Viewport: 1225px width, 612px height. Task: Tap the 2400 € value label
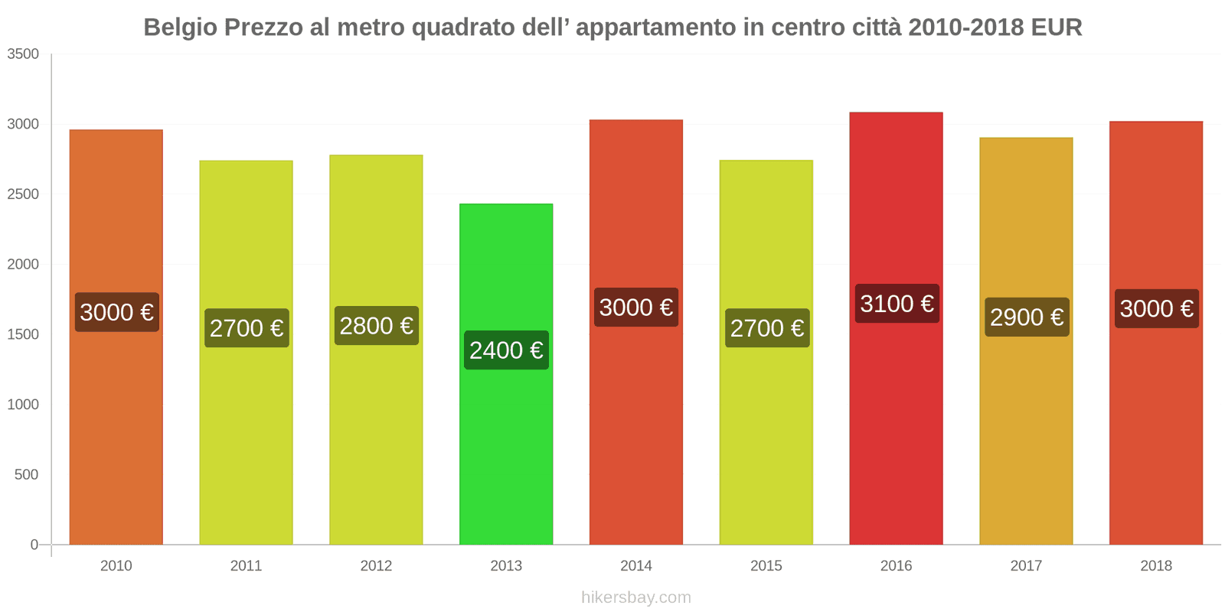(506, 350)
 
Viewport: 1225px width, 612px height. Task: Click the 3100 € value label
(897, 304)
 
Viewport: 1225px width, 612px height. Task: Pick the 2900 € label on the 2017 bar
(1027, 317)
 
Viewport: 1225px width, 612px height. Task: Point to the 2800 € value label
(376, 326)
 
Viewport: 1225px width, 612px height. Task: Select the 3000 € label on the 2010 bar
(116, 312)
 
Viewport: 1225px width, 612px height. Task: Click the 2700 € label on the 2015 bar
(766, 328)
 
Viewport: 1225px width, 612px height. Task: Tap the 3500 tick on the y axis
(23, 54)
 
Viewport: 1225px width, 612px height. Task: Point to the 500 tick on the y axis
(26, 475)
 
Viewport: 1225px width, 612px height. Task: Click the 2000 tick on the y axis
(23, 265)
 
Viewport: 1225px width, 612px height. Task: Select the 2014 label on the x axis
(635, 566)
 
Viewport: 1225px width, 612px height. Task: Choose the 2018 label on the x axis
(1155, 566)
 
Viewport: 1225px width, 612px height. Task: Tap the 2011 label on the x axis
(246, 566)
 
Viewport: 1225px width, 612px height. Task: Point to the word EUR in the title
(1056, 28)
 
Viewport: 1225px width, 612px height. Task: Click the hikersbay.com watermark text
(635, 597)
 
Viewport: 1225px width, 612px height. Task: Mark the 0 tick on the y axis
(34, 545)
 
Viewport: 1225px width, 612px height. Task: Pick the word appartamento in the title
(655, 28)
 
